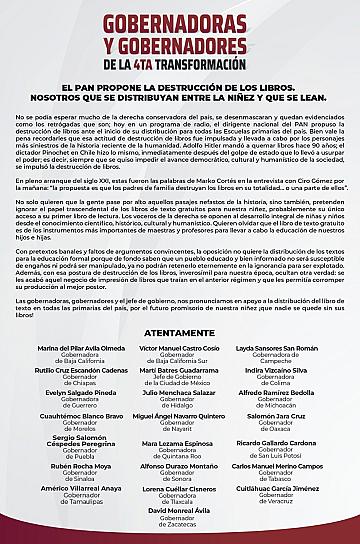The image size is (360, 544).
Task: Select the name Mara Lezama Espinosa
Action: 180,443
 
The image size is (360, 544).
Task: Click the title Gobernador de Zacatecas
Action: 180,529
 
